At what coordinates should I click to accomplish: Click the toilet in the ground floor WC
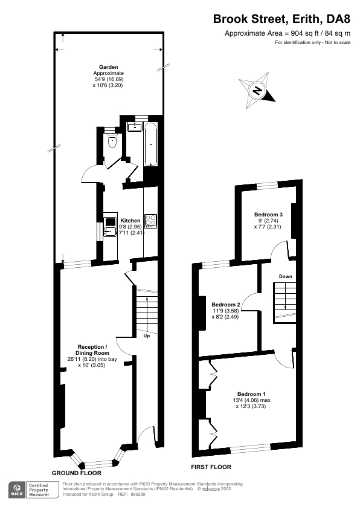pyautogui.click(x=112, y=142)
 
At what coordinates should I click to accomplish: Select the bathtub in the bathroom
pyautogui.click(x=150, y=145)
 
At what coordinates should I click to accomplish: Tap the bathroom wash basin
pyautogui.click(x=134, y=128)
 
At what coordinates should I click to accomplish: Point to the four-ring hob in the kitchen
pyautogui.click(x=150, y=221)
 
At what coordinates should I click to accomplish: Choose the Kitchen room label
pyautogui.click(x=130, y=221)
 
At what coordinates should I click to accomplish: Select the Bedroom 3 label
pyautogui.click(x=268, y=215)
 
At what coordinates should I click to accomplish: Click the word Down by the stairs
pyautogui.click(x=285, y=277)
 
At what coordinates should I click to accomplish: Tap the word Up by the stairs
pyautogui.click(x=146, y=336)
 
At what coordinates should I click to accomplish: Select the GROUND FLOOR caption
pyautogui.click(x=76, y=473)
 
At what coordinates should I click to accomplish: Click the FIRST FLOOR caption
pyautogui.click(x=211, y=467)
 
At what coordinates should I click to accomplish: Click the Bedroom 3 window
pyautogui.click(x=268, y=184)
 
